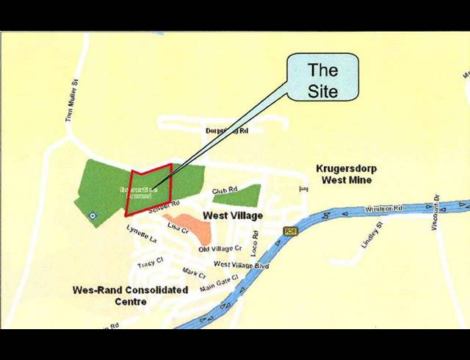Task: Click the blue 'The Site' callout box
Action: (322, 79)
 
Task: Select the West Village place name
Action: (232, 216)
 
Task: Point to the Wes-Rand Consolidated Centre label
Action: (130, 295)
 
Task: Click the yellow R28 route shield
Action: (290, 231)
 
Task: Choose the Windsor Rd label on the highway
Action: (384, 210)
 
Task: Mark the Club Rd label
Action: (225, 191)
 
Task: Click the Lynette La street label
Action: (142, 234)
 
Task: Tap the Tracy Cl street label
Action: (149, 264)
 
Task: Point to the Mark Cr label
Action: (194, 273)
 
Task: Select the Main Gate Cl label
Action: (219, 283)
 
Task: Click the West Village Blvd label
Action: (241, 264)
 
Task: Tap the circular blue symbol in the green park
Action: (92, 215)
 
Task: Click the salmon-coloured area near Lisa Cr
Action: (191, 226)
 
